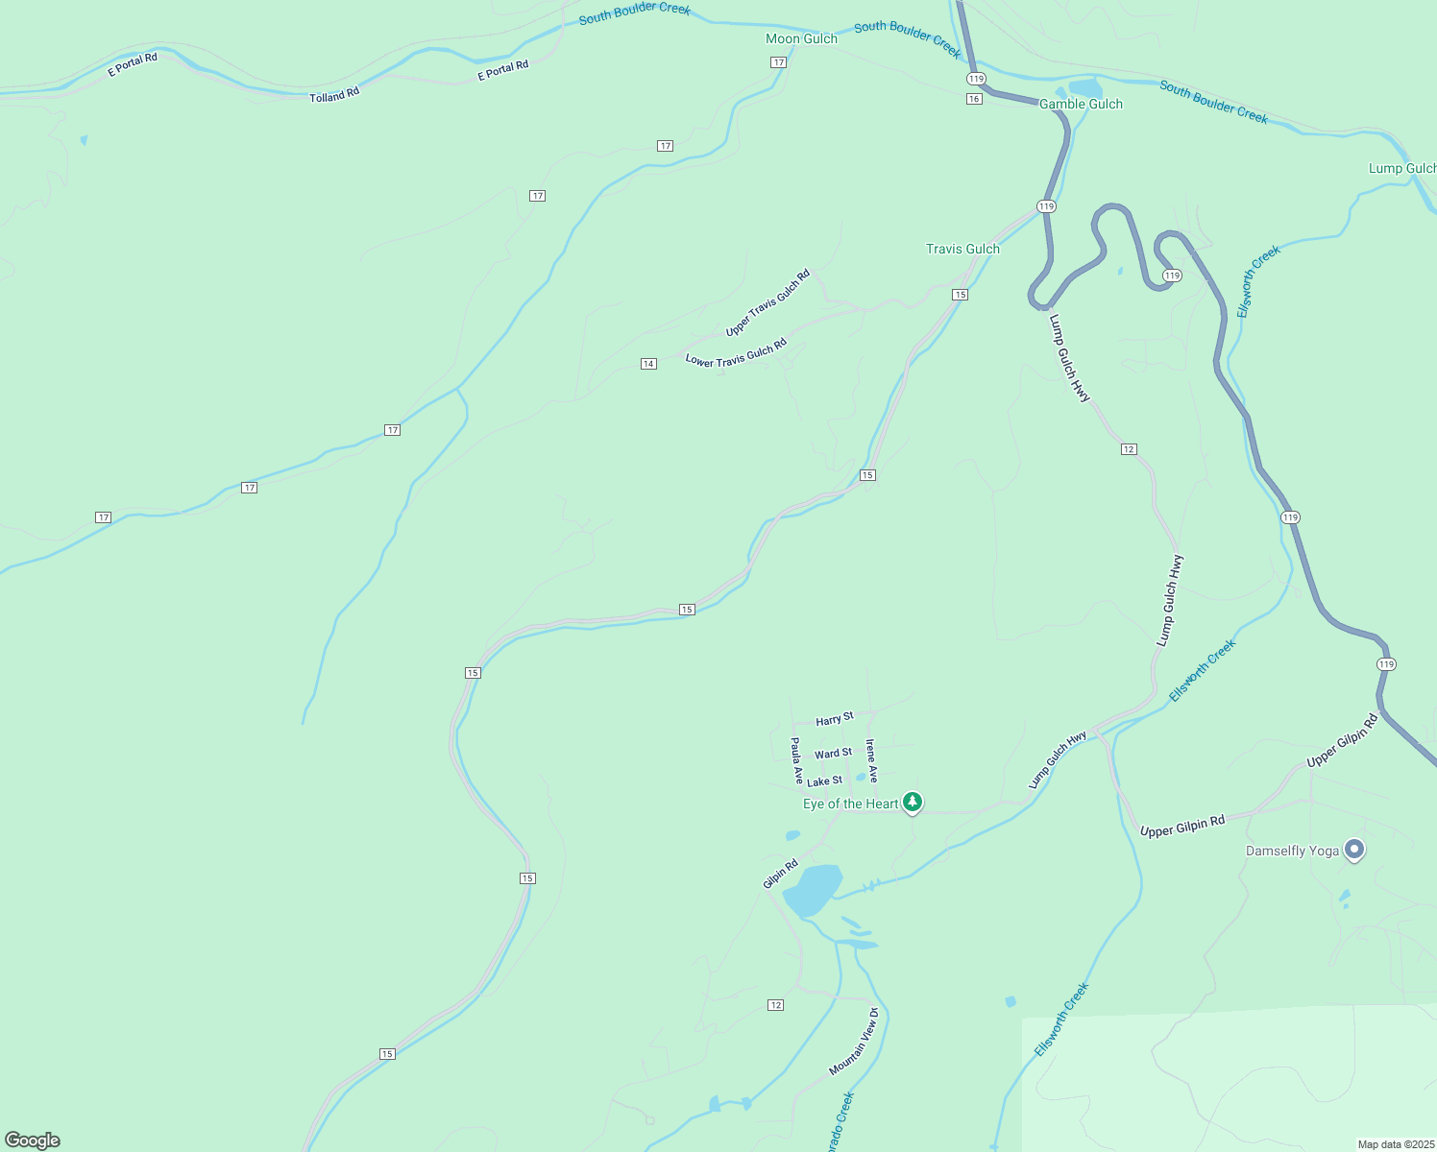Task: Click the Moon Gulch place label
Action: click(801, 38)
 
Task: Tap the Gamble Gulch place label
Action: click(1081, 104)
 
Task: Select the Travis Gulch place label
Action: click(962, 249)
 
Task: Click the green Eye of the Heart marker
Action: click(913, 802)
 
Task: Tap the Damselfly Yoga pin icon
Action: click(1354, 850)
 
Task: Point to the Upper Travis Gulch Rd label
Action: click(767, 302)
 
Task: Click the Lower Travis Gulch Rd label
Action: click(736, 352)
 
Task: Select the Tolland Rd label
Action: click(334, 95)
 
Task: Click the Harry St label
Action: click(835, 719)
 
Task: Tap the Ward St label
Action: click(833, 754)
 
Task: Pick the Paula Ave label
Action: click(796, 760)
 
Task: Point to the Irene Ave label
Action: click(871, 760)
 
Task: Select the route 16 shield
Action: click(974, 99)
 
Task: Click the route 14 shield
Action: click(648, 364)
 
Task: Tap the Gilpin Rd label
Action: click(780, 875)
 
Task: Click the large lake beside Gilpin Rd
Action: click(813, 890)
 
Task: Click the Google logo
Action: click(33, 1140)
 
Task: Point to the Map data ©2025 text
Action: click(1395, 1144)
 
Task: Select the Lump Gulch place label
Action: click(1401, 168)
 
